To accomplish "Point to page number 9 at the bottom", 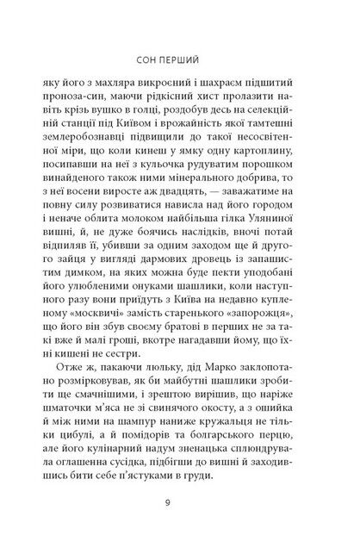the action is pos(179,520).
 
